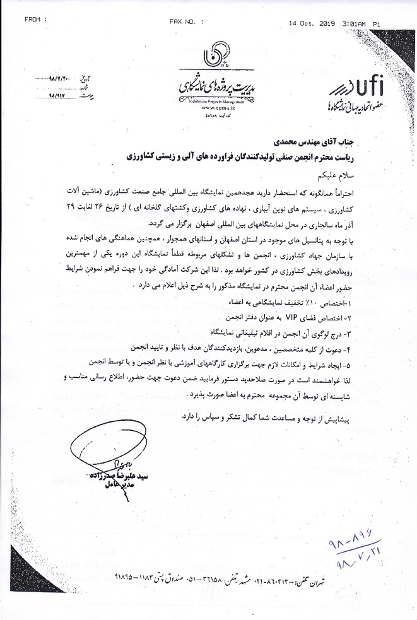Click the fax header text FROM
pyautogui.click(x=35, y=20)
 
